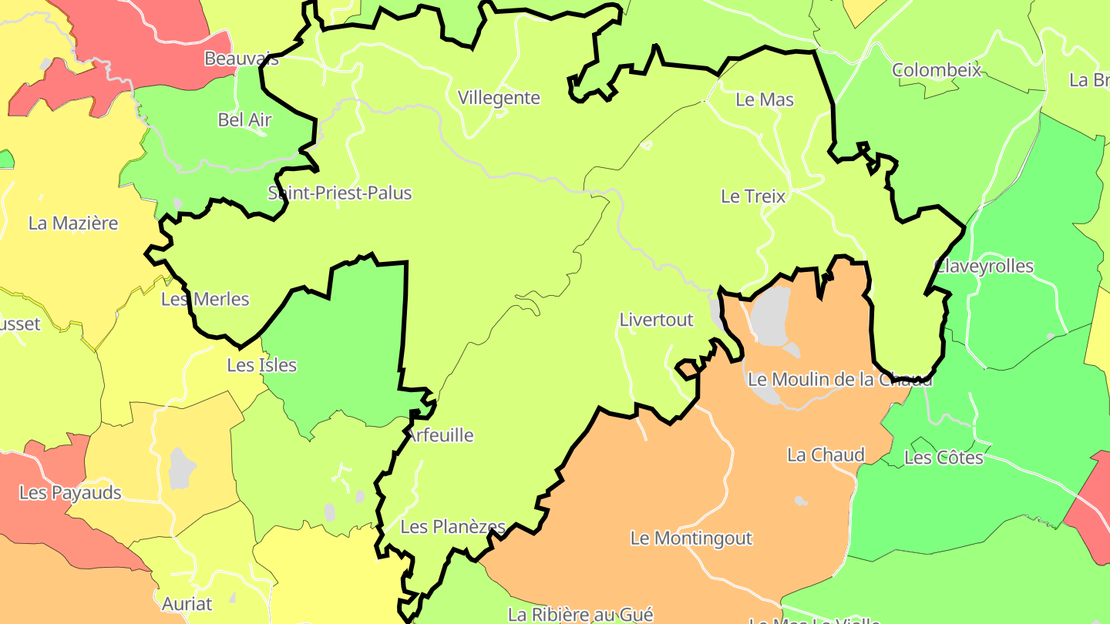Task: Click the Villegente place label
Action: tap(499, 98)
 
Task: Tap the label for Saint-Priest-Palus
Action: tap(340, 193)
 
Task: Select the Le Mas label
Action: tap(765, 99)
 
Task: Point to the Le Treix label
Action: tap(753, 196)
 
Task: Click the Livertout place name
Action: tap(656, 319)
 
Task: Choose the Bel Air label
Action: tap(244, 119)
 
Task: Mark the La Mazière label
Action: tap(73, 223)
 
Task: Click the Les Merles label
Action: tap(205, 299)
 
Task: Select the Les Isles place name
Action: tap(261, 364)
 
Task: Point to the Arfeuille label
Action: tap(440, 435)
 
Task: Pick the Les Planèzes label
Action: tap(452, 527)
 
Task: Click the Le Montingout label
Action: tap(691, 538)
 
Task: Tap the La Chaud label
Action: tap(826, 455)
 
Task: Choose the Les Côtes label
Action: tap(943, 458)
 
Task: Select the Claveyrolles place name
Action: tap(984, 266)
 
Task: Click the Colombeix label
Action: tap(937, 70)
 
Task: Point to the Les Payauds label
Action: tap(70, 492)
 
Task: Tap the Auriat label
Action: tap(187, 603)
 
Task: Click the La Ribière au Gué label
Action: tap(580, 614)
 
